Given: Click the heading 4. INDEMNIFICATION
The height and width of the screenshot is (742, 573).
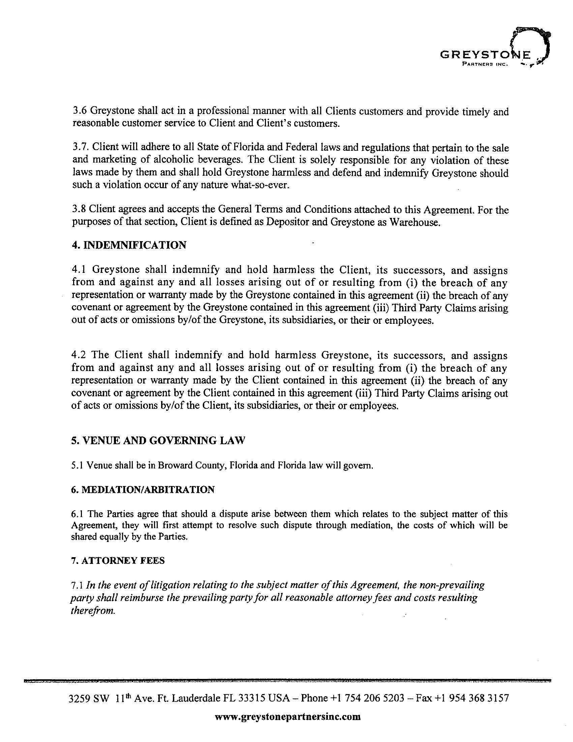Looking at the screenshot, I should (x=129, y=245).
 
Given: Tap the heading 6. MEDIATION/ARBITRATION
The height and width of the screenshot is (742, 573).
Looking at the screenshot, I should (x=143, y=490).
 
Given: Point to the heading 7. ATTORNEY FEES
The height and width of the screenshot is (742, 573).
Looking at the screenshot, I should (x=118, y=560).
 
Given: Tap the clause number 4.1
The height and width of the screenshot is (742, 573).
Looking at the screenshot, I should (x=80, y=270).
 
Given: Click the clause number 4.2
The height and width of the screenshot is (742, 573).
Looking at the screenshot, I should (x=80, y=355).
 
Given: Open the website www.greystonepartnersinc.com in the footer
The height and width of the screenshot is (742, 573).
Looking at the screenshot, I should (x=288, y=717).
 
